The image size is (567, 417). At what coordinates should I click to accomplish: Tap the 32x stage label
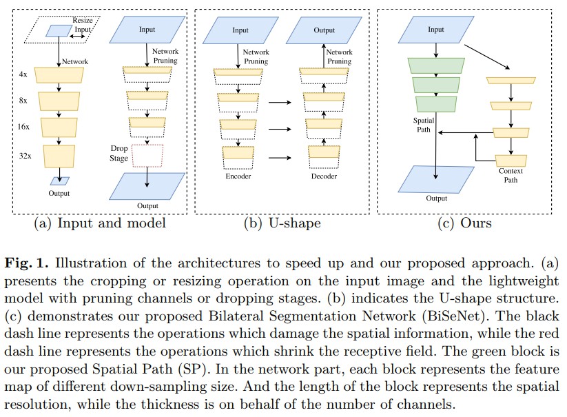coord(25,156)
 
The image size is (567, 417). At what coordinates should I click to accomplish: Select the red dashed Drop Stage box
coord(147,156)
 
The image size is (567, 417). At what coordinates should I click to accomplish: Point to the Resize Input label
coord(82,26)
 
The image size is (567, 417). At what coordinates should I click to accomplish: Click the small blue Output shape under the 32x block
coord(60,181)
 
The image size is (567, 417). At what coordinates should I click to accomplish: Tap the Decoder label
coord(324,176)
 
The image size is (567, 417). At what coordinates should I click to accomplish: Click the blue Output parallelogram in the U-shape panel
coord(324,30)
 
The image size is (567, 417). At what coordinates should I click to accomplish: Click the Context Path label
coord(511,175)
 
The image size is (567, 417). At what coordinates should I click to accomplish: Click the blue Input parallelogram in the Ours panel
coord(435,30)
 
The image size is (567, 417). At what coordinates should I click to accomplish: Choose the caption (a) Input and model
coord(101,223)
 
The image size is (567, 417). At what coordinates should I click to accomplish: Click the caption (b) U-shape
coord(282,223)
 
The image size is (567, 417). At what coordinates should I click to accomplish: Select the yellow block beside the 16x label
coord(60,127)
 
